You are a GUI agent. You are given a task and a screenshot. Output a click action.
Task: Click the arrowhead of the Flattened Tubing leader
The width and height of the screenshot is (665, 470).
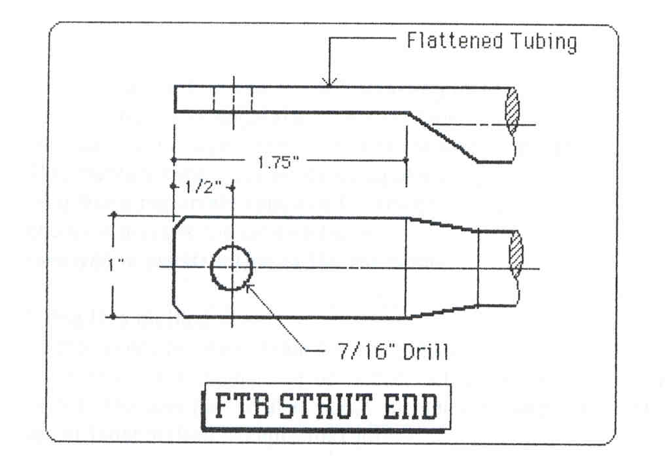330,82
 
